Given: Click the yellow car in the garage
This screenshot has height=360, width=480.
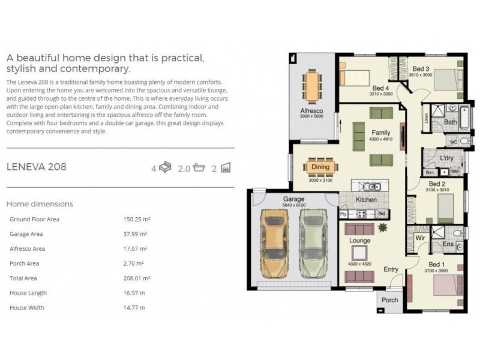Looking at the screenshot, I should tap(273, 242).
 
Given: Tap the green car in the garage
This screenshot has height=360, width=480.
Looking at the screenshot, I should tap(313, 242).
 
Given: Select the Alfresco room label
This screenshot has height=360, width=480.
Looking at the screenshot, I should tap(311, 111).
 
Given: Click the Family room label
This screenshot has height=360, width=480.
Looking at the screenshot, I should tap(380, 133).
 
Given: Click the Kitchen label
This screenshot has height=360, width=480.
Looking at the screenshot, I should tap(366, 200).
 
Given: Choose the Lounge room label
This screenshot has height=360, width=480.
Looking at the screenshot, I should tap(360, 241).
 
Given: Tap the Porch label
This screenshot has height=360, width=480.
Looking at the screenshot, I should tap(390, 300).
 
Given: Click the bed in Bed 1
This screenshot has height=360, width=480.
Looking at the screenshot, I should tap(445, 285).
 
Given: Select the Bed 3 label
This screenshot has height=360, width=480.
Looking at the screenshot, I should tap(421, 68).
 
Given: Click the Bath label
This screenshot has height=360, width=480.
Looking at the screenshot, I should tap(451, 122).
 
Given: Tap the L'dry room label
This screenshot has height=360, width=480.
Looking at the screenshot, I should tap(446, 158).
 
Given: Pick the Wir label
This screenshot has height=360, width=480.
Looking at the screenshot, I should tap(421, 238).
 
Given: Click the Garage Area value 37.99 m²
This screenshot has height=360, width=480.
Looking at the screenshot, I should tap(135, 234).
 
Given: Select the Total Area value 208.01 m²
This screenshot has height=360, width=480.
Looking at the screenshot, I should tap(136, 278).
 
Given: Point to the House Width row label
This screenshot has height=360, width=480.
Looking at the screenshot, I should tap(28, 308).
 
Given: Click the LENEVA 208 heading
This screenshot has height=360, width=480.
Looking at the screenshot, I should tap(36, 167).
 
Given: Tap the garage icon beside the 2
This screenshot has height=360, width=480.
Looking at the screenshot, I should tap(225, 167).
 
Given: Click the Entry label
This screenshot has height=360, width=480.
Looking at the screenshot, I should tap(391, 269).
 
